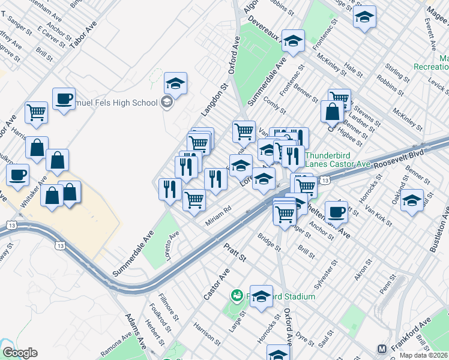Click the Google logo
click(x=20, y=353)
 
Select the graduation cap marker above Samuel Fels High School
click(x=175, y=83)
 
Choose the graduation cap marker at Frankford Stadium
click(x=261, y=296)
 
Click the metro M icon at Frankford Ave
click(x=382, y=349)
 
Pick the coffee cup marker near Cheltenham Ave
click(x=336, y=211)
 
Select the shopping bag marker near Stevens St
click(x=332, y=111)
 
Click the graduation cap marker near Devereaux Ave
click(x=292, y=41)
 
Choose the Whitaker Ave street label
click(x=34, y=191)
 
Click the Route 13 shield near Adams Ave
click(x=59, y=245)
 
